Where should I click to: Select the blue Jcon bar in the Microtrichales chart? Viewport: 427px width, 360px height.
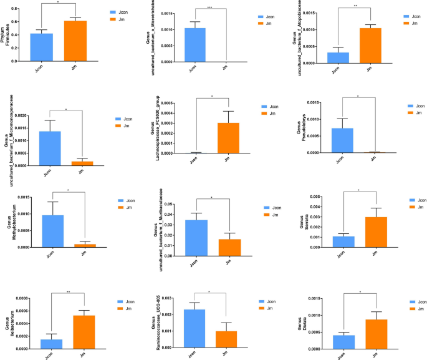click(195, 45)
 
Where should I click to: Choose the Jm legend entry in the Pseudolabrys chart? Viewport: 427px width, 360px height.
click(417, 114)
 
